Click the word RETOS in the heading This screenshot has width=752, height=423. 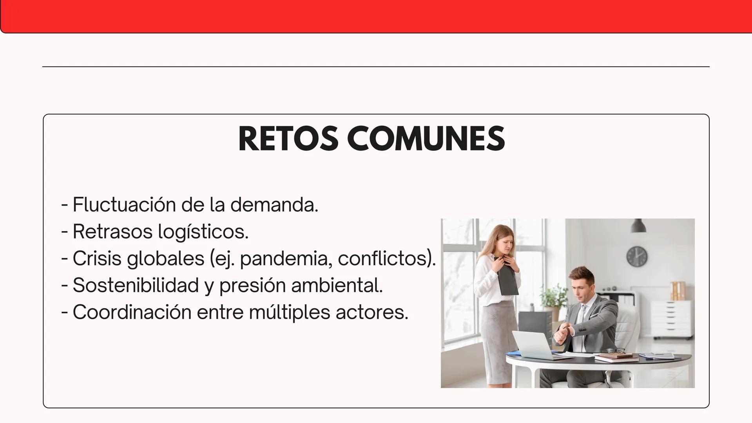click(288, 139)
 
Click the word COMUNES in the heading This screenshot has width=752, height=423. click(426, 139)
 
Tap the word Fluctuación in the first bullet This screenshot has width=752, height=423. click(124, 204)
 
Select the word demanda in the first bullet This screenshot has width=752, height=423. click(274, 204)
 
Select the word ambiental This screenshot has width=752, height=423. click(337, 285)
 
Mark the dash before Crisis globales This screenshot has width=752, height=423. click(65, 259)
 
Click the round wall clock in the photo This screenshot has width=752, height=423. click(637, 257)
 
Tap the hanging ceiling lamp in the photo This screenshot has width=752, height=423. click(639, 226)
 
